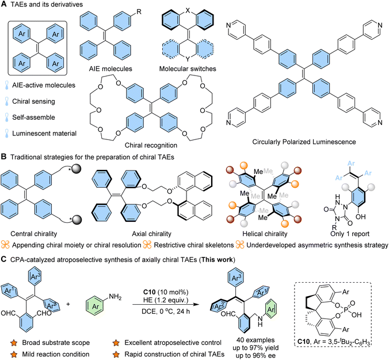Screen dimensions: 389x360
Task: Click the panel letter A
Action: coord(3,4)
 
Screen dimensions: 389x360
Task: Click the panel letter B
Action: coord(3,157)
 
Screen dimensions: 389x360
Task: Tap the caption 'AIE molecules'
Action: coord(110,69)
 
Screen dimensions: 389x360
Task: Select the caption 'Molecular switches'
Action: coord(188,69)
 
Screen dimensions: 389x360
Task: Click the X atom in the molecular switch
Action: coord(188,10)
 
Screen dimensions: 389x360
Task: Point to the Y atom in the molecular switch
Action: coord(188,59)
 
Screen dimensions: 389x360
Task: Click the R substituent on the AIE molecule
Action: coord(139,12)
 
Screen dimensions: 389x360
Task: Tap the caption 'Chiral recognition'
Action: coord(151,145)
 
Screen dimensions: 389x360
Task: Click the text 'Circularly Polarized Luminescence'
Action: coord(304,142)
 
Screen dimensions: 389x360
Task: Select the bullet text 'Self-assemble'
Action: coord(33,117)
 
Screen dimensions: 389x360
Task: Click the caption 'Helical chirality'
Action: coord(265,234)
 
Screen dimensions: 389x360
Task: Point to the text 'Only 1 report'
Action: coord(350,234)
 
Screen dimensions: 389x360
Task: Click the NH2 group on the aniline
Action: coord(115,297)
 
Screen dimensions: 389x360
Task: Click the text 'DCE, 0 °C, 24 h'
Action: coord(166,311)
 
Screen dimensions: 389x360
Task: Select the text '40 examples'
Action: coord(255,340)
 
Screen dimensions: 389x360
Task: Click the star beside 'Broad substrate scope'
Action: coord(14,343)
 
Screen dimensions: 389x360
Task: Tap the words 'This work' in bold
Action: coord(218,260)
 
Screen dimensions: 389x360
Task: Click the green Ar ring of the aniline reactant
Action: coord(96,306)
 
